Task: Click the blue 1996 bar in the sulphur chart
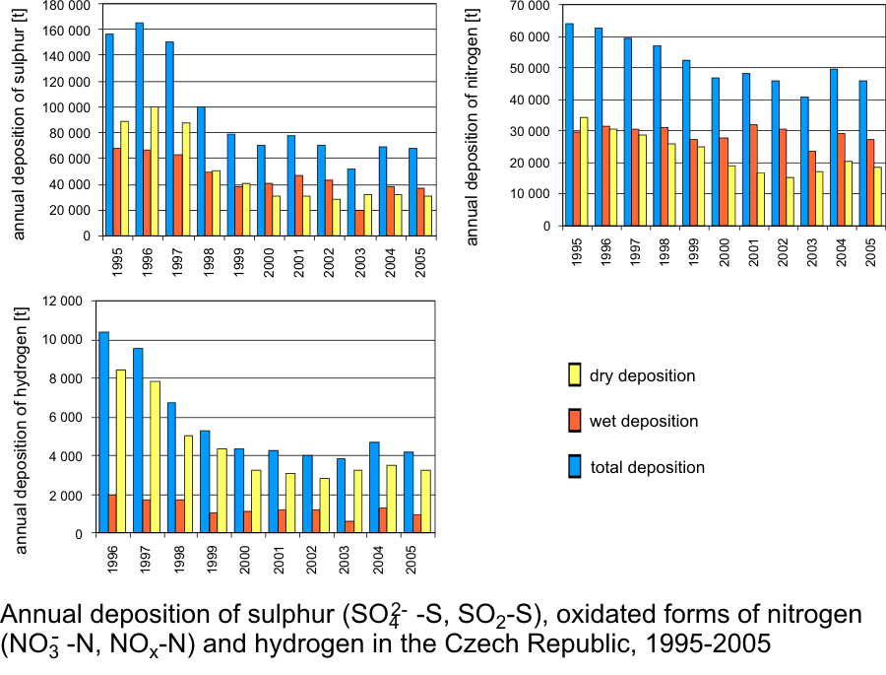point(140,129)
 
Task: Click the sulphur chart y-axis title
point(20,123)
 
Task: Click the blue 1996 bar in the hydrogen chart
point(104,433)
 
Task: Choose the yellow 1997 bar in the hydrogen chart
point(156,457)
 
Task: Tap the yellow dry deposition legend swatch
point(575,375)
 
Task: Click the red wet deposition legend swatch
point(575,422)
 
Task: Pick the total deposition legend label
point(647,467)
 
